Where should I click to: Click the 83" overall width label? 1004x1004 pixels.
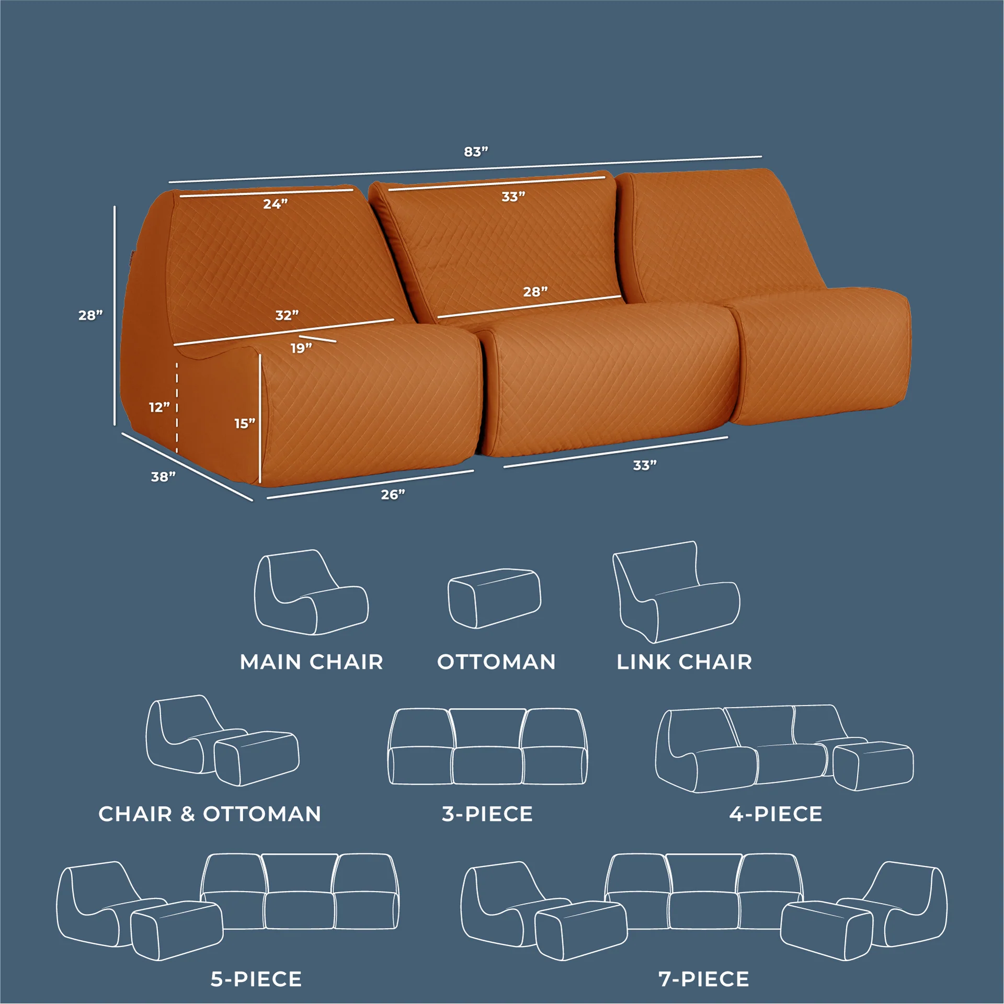476,152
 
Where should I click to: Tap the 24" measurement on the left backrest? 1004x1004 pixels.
275,204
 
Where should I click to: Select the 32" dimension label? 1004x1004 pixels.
287,315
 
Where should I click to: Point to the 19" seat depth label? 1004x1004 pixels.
301,348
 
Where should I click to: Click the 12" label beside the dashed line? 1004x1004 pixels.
159,407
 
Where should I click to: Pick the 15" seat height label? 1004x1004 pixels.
244,424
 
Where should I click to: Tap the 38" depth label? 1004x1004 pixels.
163,477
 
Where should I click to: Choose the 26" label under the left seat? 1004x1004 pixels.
393,495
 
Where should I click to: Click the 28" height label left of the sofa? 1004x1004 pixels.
90,315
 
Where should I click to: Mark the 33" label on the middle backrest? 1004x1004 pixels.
513,197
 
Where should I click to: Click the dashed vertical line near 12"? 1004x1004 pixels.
177,407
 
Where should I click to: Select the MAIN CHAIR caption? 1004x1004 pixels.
312,663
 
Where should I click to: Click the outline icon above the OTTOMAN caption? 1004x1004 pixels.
494,599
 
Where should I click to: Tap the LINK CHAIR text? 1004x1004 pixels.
684,663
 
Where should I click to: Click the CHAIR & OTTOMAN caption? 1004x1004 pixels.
210,814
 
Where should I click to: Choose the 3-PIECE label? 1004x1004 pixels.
487,814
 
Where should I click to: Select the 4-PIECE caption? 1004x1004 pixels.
776,814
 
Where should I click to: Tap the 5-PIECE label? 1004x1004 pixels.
256,979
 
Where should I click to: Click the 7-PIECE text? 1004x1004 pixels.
704,979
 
